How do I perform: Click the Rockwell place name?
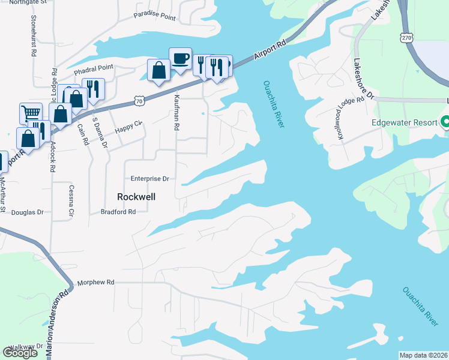coord(136,196)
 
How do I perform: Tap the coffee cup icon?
coord(180,59)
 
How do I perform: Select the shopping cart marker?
coord(31,113)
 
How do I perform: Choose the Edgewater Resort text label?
coord(405,122)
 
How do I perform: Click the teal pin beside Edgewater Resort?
coord(445,122)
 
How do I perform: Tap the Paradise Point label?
coord(155,16)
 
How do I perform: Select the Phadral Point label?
coord(94,69)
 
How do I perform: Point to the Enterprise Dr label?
coord(150,179)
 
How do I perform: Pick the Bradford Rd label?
coord(118,212)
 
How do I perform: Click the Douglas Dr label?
coord(28,212)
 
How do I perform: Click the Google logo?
coord(20,353)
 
